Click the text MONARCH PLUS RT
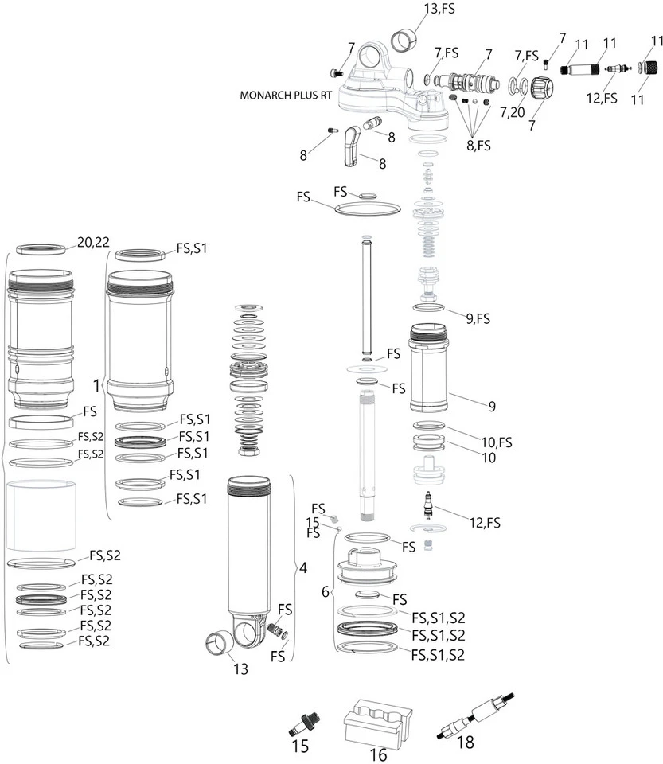(x=286, y=94)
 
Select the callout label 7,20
(x=513, y=114)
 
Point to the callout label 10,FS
(x=494, y=442)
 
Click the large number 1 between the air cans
(x=96, y=386)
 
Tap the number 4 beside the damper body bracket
(x=302, y=568)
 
